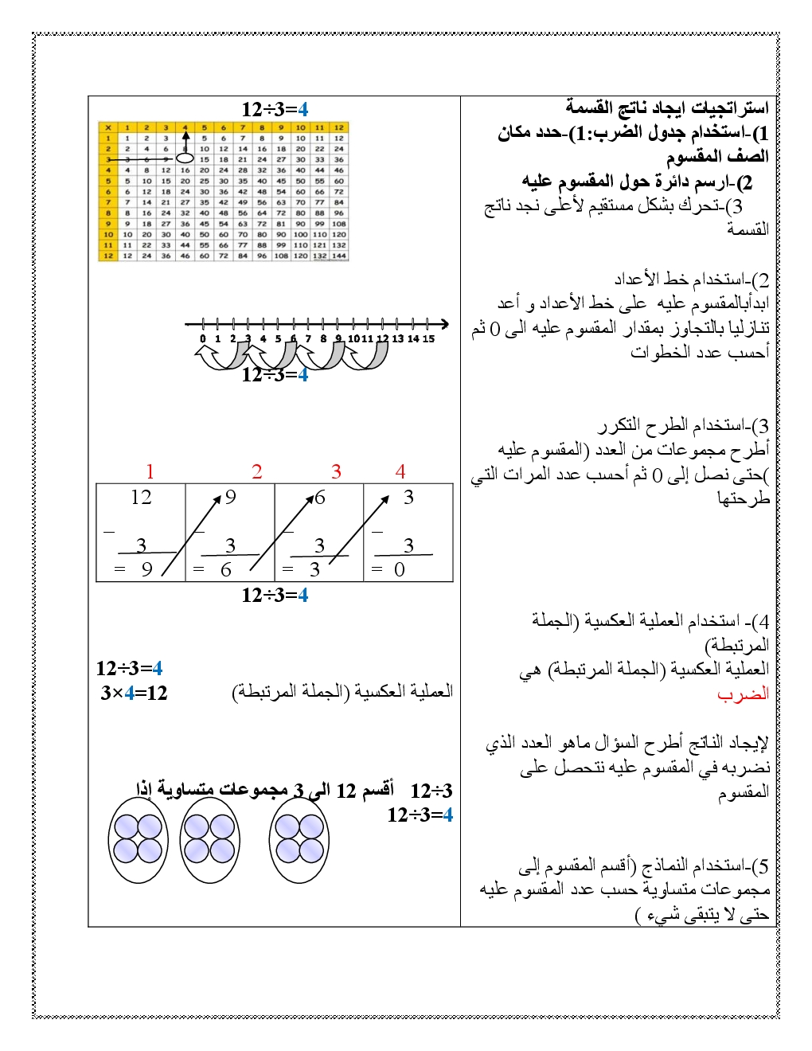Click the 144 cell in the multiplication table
[x=339, y=256]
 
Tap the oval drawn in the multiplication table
[x=185, y=158]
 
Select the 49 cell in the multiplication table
[x=243, y=201]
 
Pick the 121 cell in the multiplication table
[x=320, y=245]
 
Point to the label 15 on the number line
[x=428, y=338]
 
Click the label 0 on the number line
[x=203, y=338]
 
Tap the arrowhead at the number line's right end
[x=444, y=324]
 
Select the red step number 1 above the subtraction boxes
[x=150, y=472]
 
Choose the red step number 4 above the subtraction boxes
[x=400, y=472]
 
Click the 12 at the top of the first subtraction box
[x=141, y=498]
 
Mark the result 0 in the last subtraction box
[x=400, y=569]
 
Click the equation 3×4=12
[x=134, y=693]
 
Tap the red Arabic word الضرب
[x=743, y=694]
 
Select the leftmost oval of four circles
[x=139, y=840]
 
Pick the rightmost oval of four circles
[x=299, y=840]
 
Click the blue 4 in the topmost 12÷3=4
[x=303, y=109]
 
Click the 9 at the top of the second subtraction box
[x=231, y=498]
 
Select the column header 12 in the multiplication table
[x=339, y=127]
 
